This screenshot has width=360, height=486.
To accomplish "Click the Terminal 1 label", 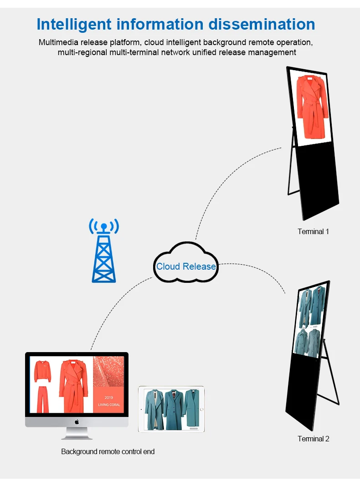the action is pyautogui.click(x=313, y=231).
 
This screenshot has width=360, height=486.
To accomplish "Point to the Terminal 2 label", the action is pyautogui.click(x=313, y=439).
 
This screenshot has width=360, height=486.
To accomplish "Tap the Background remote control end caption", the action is pyautogui.click(x=108, y=451).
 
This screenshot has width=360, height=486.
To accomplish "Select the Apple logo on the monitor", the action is pyautogui.click(x=77, y=421).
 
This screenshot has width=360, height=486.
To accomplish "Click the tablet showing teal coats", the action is pyautogui.click(x=171, y=409).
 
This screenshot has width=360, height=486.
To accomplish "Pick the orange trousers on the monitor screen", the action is pyautogui.click(x=42, y=399).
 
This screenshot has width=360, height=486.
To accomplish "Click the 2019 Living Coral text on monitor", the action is pyautogui.click(x=108, y=401).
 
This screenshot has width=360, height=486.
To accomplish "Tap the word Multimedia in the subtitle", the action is pyautogui.click(x=58, y=42).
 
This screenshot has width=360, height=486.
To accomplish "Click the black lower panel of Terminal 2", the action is pyautogui.click(x=306, y=392).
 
